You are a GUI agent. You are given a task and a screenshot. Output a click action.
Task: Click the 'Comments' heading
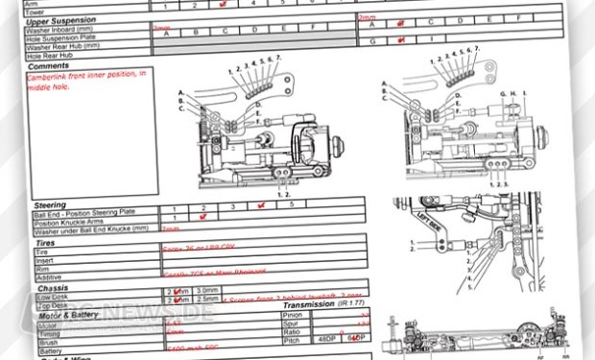[x=49, y=65]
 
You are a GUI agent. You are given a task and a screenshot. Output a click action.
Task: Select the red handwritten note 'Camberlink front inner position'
[x=85, y=77]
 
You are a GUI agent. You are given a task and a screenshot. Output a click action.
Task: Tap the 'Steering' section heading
[x=49, y=204]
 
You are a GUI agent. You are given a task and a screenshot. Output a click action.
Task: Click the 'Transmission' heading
[x=316, y=304]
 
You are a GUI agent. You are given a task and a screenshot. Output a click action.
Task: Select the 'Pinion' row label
[x=294, y=314]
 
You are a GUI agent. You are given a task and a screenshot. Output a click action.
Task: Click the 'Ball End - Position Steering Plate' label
[x=87, y=212]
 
